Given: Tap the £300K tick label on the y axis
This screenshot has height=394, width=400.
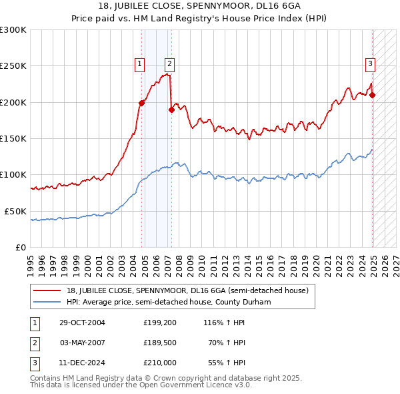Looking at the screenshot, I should (13, 30).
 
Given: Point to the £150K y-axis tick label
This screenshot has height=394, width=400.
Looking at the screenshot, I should (13, 139).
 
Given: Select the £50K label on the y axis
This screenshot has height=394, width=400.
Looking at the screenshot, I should (15, 211).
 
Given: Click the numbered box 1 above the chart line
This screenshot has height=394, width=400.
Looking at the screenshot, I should (140, 64).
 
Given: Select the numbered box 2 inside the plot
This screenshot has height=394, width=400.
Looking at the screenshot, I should (169, 64).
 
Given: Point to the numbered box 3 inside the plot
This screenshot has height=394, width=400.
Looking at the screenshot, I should (370, 64).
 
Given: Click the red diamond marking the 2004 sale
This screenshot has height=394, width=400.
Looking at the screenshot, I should (142, 103).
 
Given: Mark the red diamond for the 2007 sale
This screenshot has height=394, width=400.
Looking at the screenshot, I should (171, 110).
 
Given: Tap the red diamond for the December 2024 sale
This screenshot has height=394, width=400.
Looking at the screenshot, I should (372, 95).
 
